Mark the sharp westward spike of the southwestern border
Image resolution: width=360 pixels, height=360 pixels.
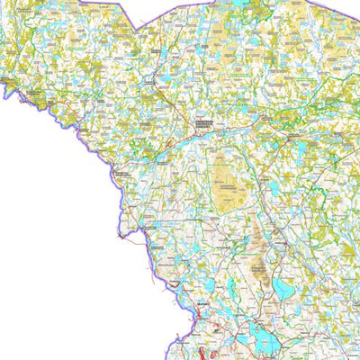click(119, 235)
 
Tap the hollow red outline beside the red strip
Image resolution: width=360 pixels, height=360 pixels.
click(213, 352)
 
